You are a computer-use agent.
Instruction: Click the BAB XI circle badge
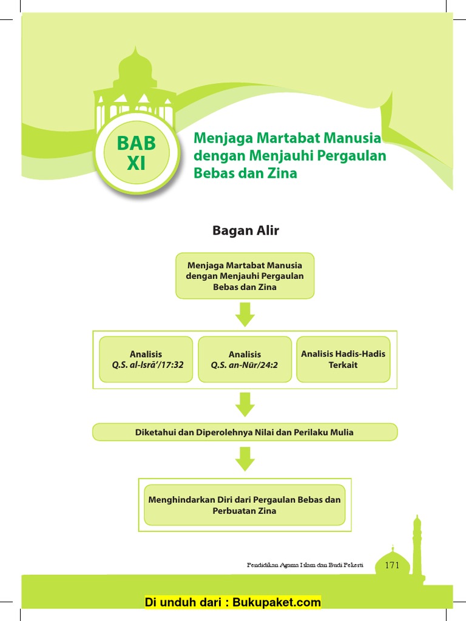137,153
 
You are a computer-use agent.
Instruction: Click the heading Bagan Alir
245,230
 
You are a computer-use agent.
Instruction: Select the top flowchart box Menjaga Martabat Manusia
245,276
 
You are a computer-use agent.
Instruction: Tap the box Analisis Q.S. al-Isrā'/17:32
146,360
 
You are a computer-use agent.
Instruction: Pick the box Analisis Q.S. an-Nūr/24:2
245,360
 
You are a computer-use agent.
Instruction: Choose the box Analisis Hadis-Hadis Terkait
343,360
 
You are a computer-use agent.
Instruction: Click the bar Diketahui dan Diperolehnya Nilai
245,432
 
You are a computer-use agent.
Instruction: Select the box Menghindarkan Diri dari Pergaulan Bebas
245,505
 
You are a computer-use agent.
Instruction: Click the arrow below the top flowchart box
245,314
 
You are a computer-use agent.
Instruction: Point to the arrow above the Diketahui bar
245,404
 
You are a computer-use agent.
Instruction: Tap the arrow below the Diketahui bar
245,459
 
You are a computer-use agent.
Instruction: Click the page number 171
392,565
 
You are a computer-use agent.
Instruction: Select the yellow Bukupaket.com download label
232,602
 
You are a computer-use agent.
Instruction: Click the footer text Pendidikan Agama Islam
305,565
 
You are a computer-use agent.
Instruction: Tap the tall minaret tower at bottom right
417,546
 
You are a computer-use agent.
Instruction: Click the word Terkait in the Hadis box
343,365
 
